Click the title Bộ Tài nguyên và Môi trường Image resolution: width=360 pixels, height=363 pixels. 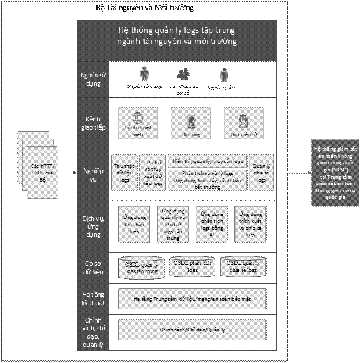tap(145, 9)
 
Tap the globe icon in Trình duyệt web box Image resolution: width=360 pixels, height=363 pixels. tap(138, 118)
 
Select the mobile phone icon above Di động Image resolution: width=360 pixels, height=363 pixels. tap(191, 121)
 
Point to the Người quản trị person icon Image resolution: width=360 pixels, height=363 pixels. tap(224, 75)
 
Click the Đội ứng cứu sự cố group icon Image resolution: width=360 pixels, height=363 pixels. tap(184, 74)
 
